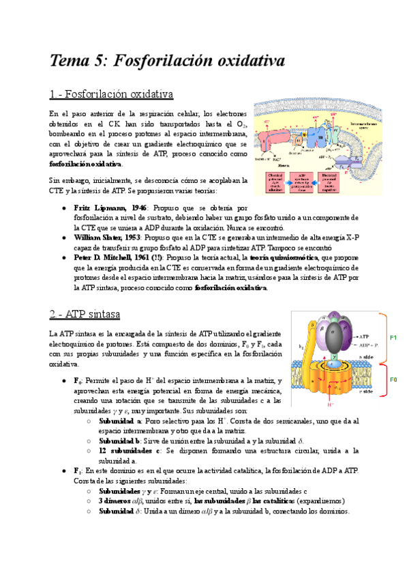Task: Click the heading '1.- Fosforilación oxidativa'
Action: tap(111, 94)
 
